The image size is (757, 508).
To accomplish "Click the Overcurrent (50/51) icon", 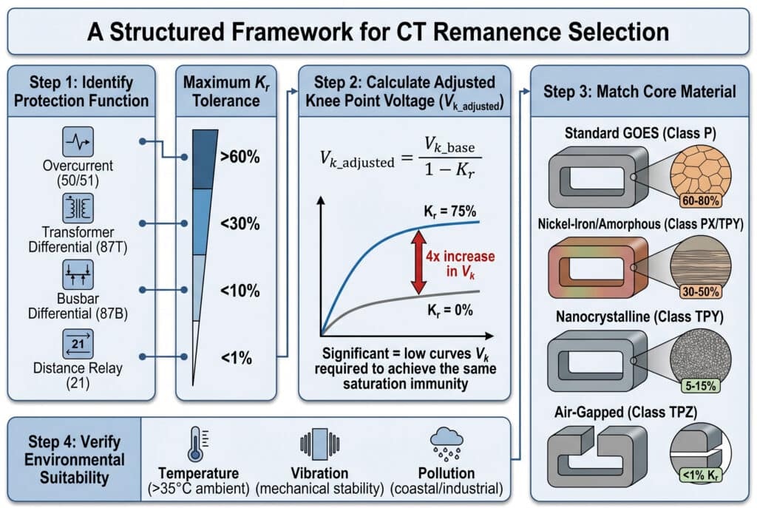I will [x=78, y=140].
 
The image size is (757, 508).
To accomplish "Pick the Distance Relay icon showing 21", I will [x=78, y=344].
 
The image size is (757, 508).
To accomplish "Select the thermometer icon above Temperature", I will [x=193, y=444].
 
